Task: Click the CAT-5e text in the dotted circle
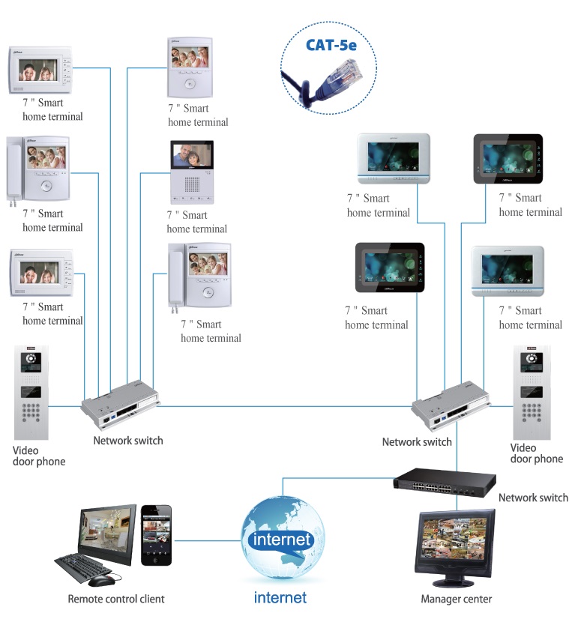click(331, 45)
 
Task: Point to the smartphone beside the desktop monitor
click(157, 534)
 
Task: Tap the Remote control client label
click(116, 599)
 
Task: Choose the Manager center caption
click(456, 599)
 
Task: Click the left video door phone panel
click(31, 393)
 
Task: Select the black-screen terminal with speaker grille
click(193, 173)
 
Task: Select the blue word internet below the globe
click(280, 597)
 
